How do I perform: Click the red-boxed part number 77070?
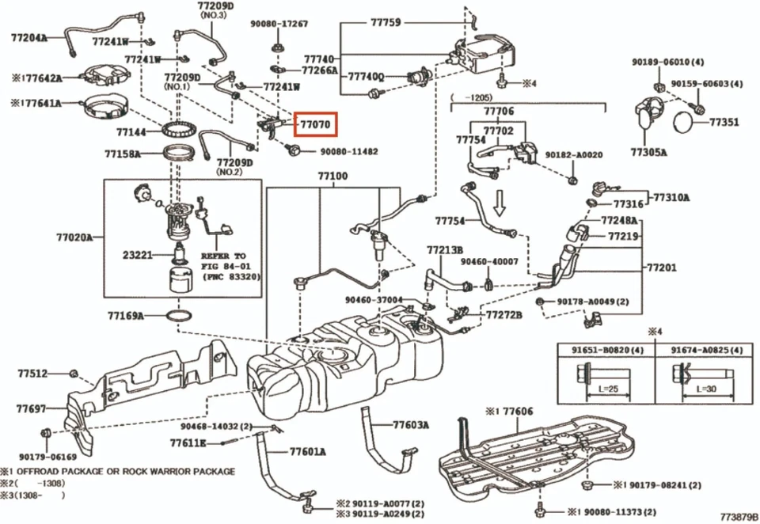[315, 125]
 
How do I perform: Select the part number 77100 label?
[332, 175]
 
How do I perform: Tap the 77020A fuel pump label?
[74, 237]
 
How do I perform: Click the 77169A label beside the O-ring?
[126, 316]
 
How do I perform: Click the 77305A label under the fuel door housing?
[648, 152]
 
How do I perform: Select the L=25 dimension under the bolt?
[601, 389]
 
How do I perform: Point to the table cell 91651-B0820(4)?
[602, 349]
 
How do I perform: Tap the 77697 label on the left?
[31, 409]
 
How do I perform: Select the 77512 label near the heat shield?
[32, 372]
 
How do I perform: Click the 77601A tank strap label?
[307, 452]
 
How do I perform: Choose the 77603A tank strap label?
[410, 425]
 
